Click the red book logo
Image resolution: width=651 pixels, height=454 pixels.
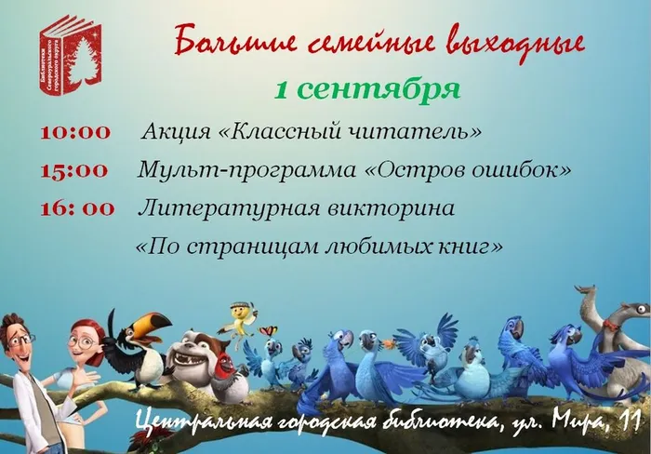[71, 52]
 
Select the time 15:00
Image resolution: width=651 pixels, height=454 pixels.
[74, 170]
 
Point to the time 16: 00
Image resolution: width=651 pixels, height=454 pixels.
[77, 208]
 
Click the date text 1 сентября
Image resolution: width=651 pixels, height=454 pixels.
[367, 89]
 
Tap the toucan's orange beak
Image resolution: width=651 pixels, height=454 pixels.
[153, 324]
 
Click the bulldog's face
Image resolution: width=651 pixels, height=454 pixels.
[200, 352]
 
